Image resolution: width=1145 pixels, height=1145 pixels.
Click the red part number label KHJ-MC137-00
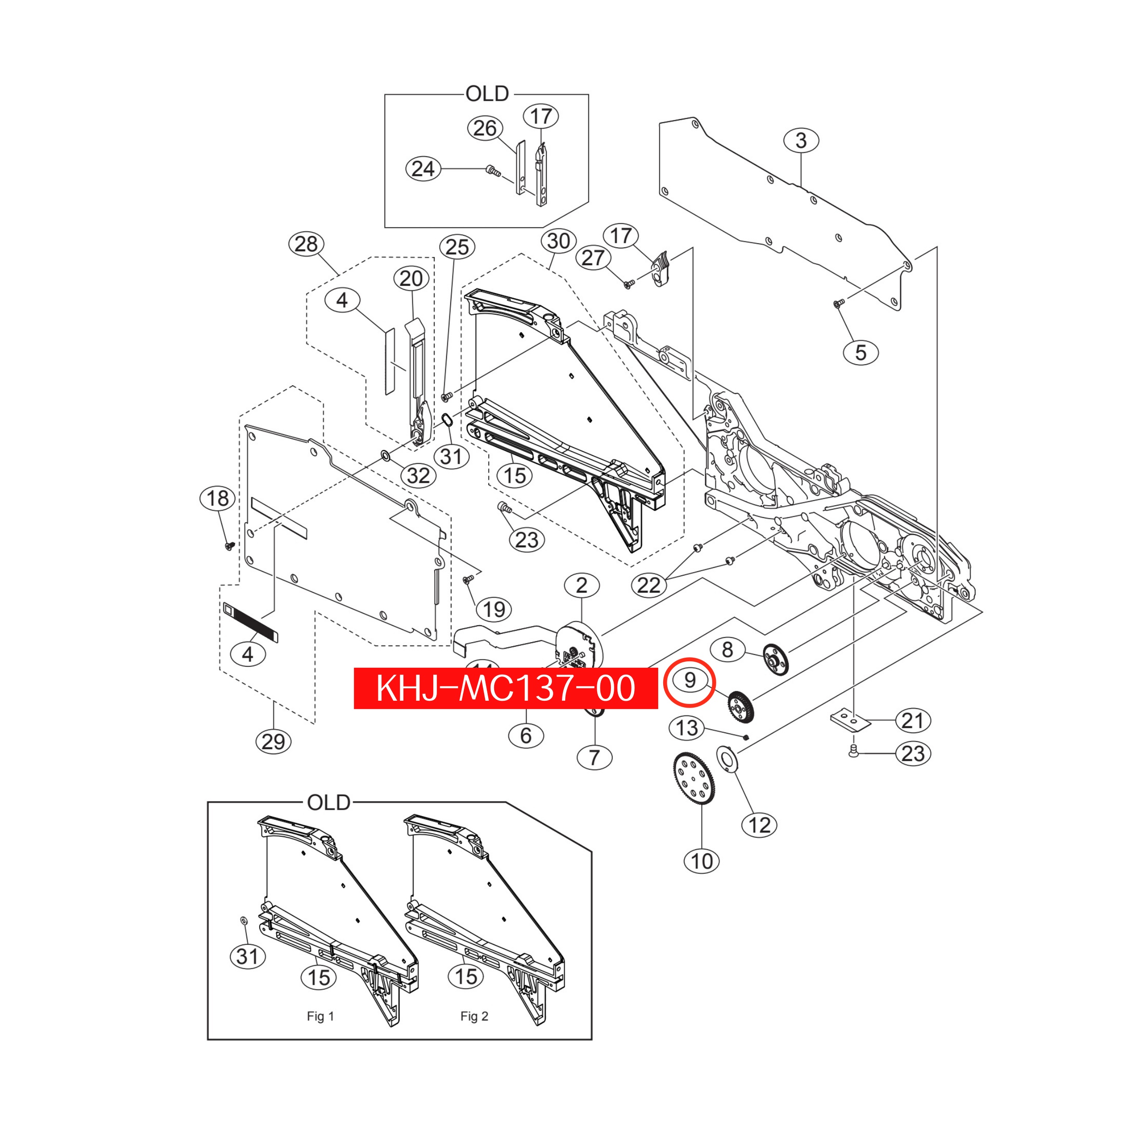point(506,688)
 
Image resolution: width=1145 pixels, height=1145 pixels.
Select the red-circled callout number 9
point(689,682)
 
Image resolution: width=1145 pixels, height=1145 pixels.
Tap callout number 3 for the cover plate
point(801,141)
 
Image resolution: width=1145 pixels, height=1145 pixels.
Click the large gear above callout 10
point(694,778)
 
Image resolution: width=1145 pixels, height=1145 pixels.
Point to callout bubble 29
point(273,742)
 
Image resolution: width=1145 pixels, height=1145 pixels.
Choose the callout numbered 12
point(760,825)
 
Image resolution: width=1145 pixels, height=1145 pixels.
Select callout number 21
point(913,720)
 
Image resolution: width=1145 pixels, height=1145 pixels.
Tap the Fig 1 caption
point(321,1016)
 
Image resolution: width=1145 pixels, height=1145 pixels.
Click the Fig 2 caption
point(474,1016)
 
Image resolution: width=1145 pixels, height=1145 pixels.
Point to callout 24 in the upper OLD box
point(423,169)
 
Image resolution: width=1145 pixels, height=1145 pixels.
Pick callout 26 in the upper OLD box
point(485,128)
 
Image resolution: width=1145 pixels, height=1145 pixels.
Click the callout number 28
point(306,244)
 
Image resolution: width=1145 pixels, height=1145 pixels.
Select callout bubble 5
point(861,353)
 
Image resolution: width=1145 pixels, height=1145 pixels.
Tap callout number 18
point(218,498)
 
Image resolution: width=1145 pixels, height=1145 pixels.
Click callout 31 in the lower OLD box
point(248,956)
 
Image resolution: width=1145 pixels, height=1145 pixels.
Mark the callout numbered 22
point(649,585)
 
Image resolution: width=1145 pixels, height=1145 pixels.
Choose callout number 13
point(687,728)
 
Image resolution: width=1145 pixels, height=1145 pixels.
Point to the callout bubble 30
point(559,240)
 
